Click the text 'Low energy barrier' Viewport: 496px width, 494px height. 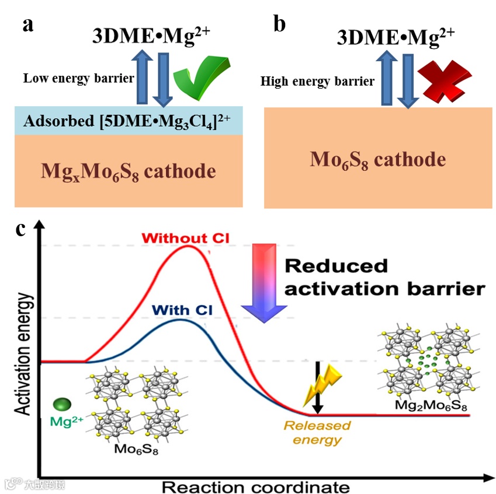tap(78, 78)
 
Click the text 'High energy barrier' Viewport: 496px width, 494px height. tap(317, 81)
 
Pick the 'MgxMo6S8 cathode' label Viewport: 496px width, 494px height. tap(128, 171)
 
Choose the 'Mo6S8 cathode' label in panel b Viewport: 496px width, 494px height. tap(377, 159)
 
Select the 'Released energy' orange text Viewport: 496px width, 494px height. tap(317, 432)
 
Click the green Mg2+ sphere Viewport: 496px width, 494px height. tap(62, 405)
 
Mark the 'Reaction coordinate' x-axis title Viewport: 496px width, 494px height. tap(255, 486)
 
